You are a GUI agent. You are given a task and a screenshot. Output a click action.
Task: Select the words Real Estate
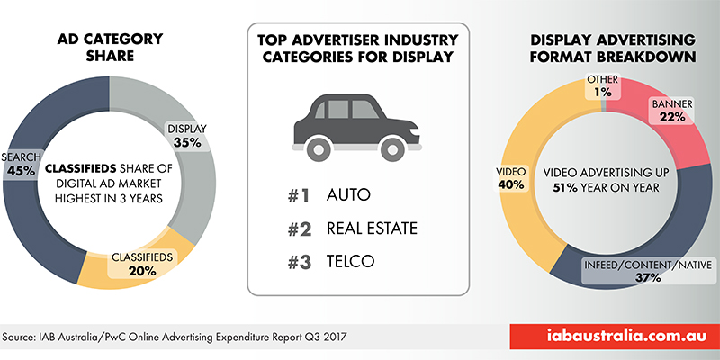370,229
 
